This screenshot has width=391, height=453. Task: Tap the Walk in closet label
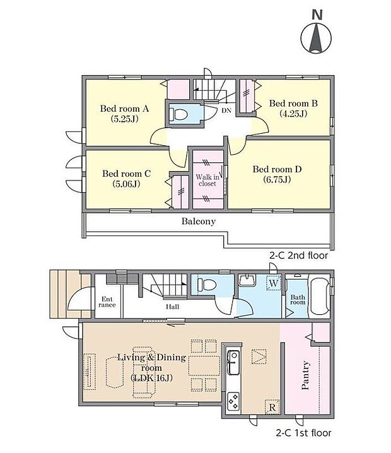207,180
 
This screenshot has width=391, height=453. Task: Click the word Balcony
199,221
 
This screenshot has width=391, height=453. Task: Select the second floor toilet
178,114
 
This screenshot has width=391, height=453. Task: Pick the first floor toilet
207,285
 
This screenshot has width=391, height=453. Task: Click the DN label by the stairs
226,110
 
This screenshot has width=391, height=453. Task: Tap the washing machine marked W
273,283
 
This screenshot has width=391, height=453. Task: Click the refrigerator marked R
272,407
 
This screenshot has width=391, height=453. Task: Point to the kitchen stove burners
233,401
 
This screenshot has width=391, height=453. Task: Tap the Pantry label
305,375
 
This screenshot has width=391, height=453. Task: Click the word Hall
172,307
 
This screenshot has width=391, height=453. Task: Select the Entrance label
107,302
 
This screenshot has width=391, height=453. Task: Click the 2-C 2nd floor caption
298,256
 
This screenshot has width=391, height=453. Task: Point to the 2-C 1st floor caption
303,433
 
